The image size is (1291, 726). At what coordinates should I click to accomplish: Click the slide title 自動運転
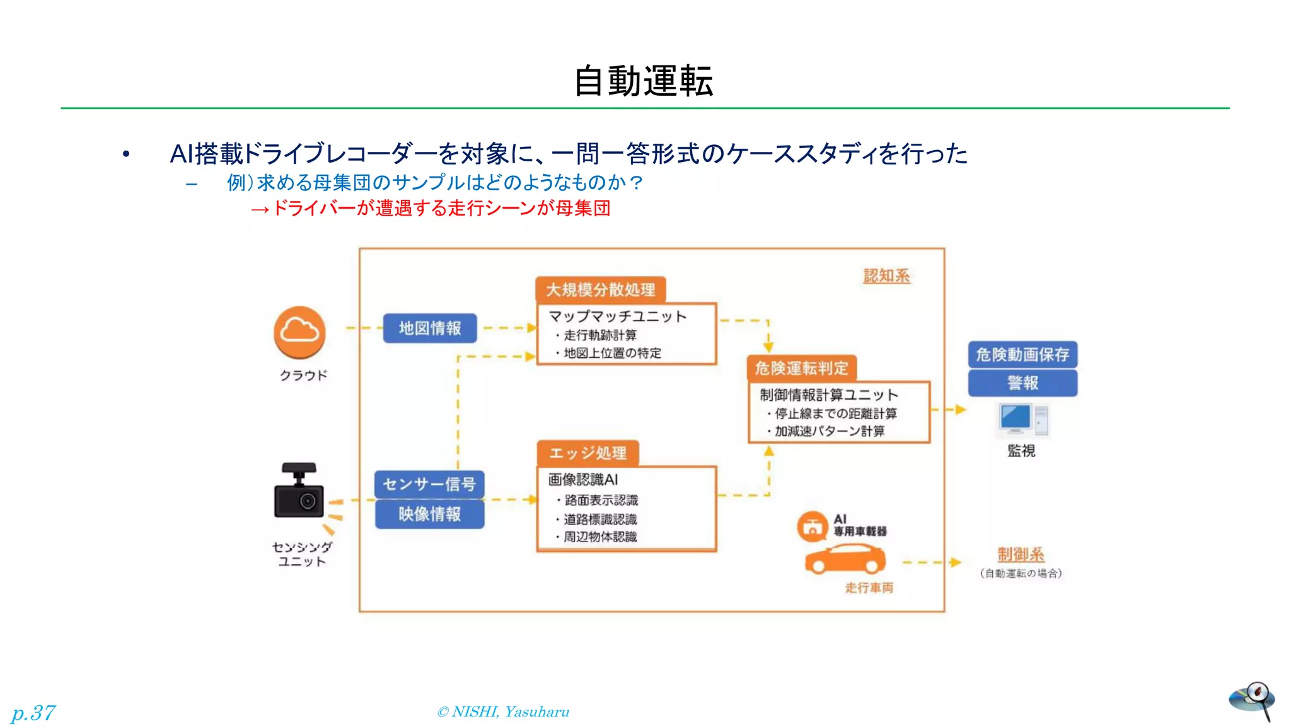pyautogui.click(x=644, y=81)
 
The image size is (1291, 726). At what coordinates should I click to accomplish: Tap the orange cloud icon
pyautogui.click(x=299, y=332)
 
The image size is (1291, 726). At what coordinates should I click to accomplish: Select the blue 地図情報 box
pyautogui.click(x=430, y=328)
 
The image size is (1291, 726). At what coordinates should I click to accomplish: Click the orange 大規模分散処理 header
pyautogui.click(x=601, y=290)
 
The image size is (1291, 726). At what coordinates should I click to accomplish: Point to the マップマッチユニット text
pyautogui.click(x=617, y=316)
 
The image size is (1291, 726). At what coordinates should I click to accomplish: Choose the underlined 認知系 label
pyautogui.click(x=886, y=276)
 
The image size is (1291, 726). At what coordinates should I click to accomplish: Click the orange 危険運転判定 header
pyautogui.click(x=801, y=368)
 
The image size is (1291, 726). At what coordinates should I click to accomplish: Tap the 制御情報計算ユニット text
pyautogui.click(x=828, y=395)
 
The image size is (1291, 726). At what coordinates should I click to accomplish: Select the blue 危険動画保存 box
pyautogui.click(x=1022, y=355)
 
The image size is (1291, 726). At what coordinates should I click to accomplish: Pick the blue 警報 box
pyautogui.click(x=1022, y=383)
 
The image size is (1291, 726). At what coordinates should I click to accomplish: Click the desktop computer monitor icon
pyautogui.click(x=1016, y=418)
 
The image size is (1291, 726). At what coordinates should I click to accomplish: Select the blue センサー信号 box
pyautogui.click(x=429, y=484)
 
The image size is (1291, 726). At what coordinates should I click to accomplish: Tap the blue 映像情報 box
pyautogui.click(x=429, y=514)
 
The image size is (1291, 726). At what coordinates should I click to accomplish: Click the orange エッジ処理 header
pyautogui.click(x=588, y=453)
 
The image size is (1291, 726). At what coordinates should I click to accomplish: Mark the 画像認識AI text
pyautogui.click(x=582, y=480)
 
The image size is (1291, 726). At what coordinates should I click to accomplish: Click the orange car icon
pyautogui.click(x=845, y=559)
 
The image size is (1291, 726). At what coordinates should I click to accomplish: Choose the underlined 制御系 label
pyautogui.click(x=1021, y=555)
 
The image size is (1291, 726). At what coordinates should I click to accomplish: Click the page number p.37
pyautogui.click(x=33, y=713)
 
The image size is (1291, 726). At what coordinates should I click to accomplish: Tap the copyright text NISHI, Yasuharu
pyautogui.click(x=503, y=712)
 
